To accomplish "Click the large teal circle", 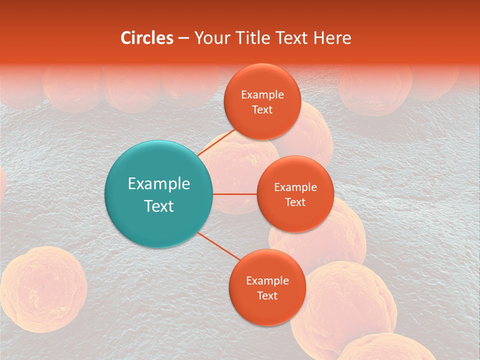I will tap(159, 194).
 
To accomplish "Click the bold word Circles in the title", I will tap(146, 38).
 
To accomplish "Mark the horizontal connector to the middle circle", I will tap(234, 194).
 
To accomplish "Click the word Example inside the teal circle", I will tap(159, 184).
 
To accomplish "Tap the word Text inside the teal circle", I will tap(159, 206).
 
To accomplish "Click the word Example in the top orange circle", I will tap(262, 95).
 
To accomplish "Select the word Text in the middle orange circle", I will tap(295, 202).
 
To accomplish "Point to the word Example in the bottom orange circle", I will tap(267, 281).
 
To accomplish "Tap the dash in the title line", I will tap(183, 38).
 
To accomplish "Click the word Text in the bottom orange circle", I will tap(267, 296).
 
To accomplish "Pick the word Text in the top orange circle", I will tap(262, 110).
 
